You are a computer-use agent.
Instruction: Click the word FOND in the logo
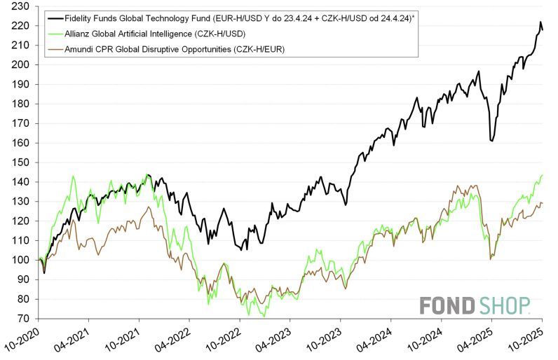click(x=448, y=306)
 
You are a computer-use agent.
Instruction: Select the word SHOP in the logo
click(x=505, y=306)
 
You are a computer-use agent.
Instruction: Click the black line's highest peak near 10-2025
click(x=540, y=22)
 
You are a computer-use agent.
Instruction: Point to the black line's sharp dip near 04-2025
click(x=492, y=141)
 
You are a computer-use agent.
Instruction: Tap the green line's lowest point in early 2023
click(x=265, y=317)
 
